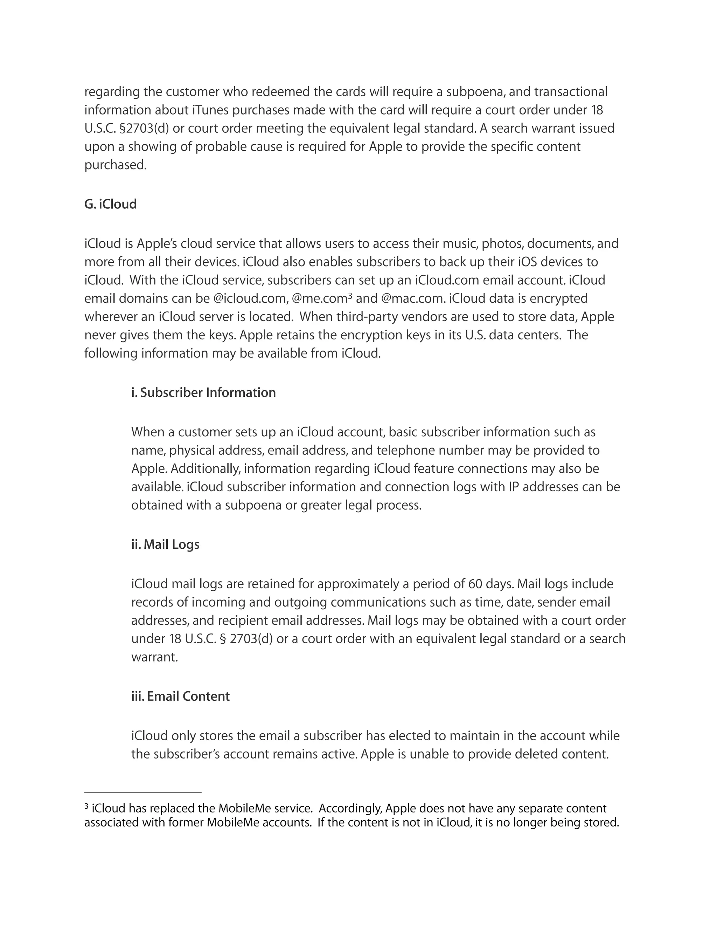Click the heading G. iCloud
pos(110,205)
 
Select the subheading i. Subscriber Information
pos(203,393)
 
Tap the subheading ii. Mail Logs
pos(165,545)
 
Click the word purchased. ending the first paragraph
pos(116,165)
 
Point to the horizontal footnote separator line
pos(143,792)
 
